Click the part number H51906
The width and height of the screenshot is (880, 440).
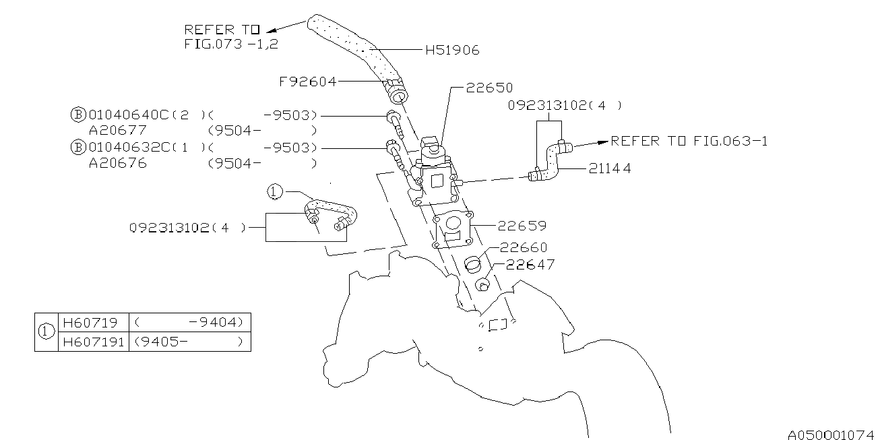tap(452, 50)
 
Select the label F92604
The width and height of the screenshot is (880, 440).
tap(307, 82)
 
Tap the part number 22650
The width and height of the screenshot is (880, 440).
tap(489, 88)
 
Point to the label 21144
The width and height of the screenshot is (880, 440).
tap(610, 169)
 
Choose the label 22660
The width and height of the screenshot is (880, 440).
tap(524, 247)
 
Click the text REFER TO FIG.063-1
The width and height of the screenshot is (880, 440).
tap(689, 141)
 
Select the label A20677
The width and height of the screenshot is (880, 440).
tap(118, 130)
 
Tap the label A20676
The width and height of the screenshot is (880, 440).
tap(118, 164)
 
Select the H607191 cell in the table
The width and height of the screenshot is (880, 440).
tap(92, 342)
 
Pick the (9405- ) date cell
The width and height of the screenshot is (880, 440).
tap(188, 342)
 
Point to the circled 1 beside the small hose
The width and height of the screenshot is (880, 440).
tap(274, 192)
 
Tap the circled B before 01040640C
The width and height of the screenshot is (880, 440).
tap(77, 114)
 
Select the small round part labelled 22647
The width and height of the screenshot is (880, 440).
tap(482, 284)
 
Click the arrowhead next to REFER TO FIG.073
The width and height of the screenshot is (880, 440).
tap(272, 30)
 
